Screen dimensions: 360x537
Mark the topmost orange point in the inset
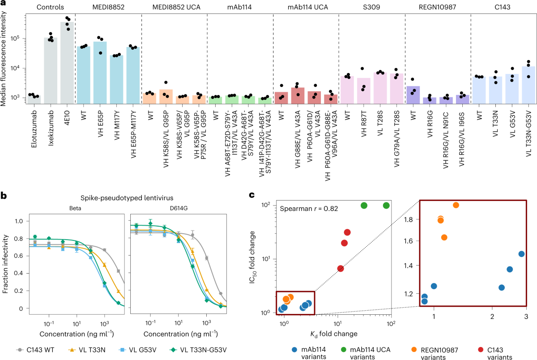(x=456, y=205)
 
